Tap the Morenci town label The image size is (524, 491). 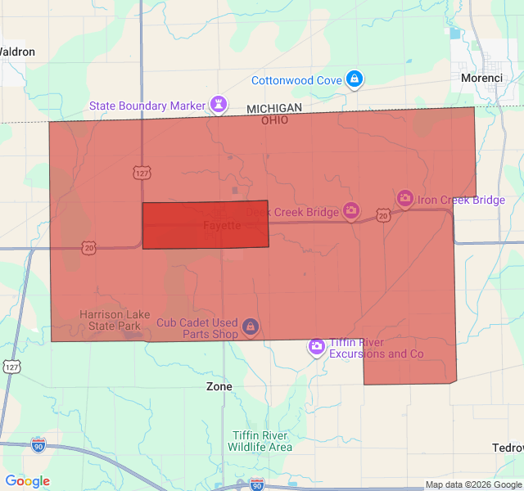pos(481,78)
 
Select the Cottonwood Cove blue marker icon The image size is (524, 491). pos(354,79)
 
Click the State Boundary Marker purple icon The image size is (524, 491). pos(219,104)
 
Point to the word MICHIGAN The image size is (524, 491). pos(274,108)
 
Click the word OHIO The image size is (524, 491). pos(274,119)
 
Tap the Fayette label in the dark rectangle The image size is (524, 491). pos(222,225)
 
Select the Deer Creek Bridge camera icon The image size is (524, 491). pos(350,212)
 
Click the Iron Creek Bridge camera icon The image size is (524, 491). pos(404,199)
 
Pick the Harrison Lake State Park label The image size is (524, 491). pos(111,320)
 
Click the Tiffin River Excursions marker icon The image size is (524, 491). pos(316,347)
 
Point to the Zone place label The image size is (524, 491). pos(219,386)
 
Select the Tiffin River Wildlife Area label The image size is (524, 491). pos(259,441)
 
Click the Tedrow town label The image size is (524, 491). pos(508,448)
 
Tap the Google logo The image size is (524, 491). pos(27,481)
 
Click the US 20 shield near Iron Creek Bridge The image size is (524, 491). pos(383,215)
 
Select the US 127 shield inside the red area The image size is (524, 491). pos(141,173)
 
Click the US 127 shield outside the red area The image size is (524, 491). pos(11,366)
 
